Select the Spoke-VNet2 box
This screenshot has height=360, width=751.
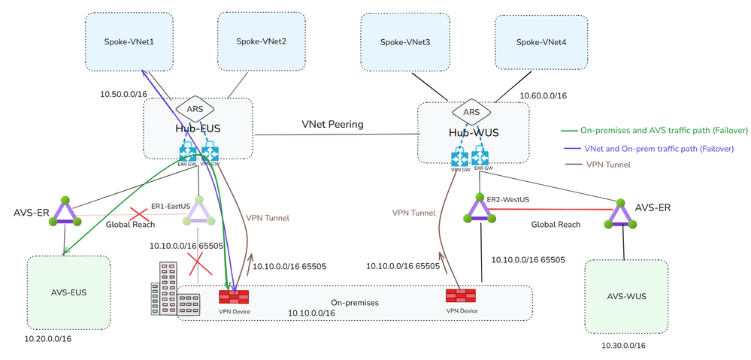260,42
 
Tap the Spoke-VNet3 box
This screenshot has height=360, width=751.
406,42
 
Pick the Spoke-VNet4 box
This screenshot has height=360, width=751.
541,42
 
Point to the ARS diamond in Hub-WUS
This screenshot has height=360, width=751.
471,112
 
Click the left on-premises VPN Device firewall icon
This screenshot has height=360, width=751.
234,297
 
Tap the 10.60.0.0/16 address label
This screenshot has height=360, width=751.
544,95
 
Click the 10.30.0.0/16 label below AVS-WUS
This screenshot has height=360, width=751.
624,345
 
